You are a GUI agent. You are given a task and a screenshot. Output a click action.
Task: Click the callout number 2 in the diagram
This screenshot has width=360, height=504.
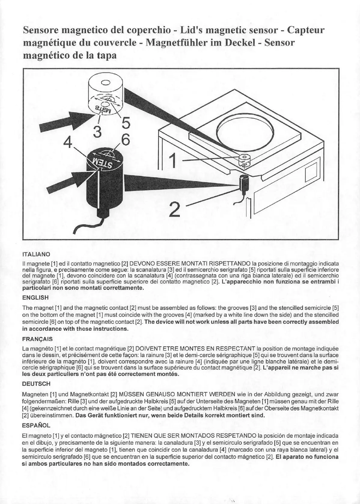coord(174,210)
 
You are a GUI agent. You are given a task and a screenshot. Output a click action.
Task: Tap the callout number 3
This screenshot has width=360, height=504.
coord(96,131)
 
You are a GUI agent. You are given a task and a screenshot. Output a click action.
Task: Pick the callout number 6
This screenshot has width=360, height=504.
coord(126,140)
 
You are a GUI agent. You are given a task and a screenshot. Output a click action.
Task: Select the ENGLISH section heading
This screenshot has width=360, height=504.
coord(35,298)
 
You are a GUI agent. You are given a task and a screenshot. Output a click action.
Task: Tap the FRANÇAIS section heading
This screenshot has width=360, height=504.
coord(38,339)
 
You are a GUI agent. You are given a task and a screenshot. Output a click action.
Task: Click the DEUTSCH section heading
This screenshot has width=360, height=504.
coord(36,384)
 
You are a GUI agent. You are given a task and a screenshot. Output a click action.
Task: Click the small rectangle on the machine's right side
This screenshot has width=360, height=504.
coord(309,174)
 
